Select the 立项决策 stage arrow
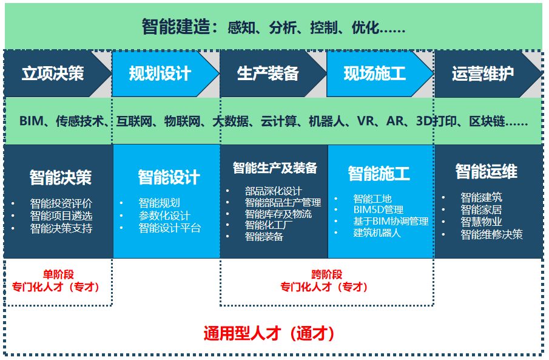click(53, 74)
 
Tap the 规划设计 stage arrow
click(160, 74)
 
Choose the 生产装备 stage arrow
click(268, 74)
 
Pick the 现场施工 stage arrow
click(374, 74)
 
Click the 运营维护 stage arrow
click(482, 74)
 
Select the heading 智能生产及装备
click(275, 168)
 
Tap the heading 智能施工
click(379, 174)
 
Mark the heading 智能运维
click(487, 171)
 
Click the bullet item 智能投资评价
click(61, 204)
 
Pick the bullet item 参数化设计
click(164, 216)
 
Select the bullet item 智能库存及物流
click(278, 214)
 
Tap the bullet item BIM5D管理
click(378, 210)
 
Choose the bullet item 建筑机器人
click(377, 233)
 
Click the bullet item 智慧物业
click(481, 222)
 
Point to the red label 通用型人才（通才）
click(269, 333)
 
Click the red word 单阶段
click(58, 274)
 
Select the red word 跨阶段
click(327, 274)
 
